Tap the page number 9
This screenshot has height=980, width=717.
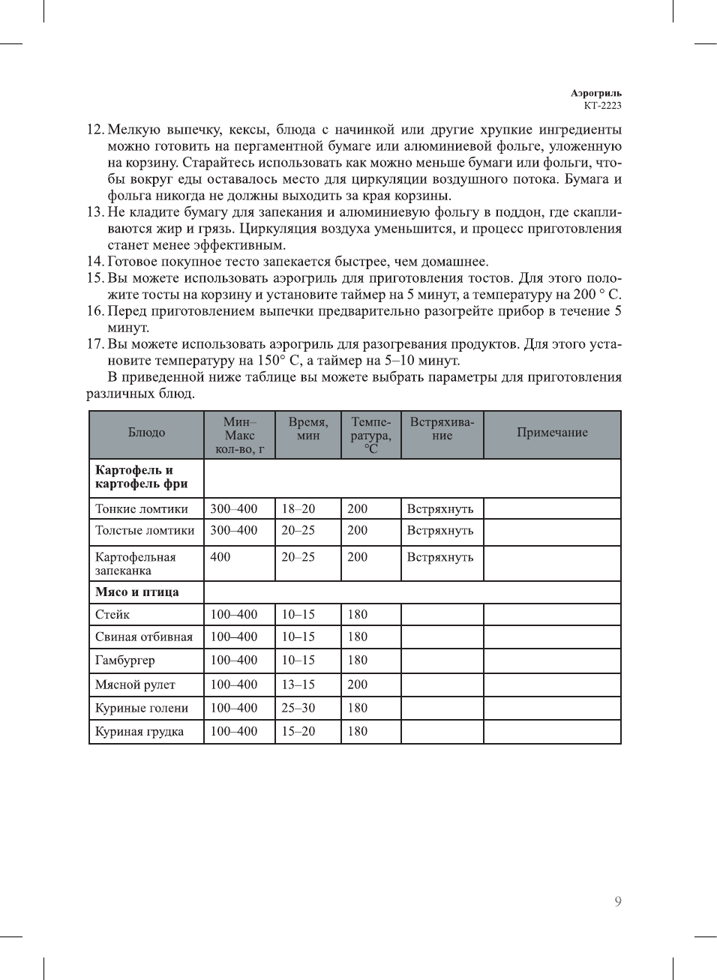coord(617,901)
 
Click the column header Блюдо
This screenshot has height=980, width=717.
coord(146,433)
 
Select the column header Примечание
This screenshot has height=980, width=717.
coord(552,433)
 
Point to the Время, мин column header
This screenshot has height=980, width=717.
coord(307,429)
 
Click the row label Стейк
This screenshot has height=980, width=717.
coord(112,615)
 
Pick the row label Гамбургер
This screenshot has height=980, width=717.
coord(125,661)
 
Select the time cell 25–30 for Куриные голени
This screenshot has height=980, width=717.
coord(298,708)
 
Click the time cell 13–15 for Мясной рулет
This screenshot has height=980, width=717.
coord(298,685)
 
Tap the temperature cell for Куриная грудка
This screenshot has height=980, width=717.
coord(358,731)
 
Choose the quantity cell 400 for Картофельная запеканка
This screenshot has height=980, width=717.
coord(220,557)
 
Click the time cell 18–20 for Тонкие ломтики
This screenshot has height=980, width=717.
coord(298,509)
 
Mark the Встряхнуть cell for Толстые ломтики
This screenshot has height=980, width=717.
coord(440,531)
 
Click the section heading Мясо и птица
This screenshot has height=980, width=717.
coord(137,592)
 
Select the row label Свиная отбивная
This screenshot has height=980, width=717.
coord(144,637)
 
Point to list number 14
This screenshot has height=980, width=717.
coord(94,262)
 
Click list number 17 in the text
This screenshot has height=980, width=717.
coord(94,344)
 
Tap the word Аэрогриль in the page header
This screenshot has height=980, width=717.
coord(596,94)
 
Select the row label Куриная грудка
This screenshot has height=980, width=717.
coord(139,732)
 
